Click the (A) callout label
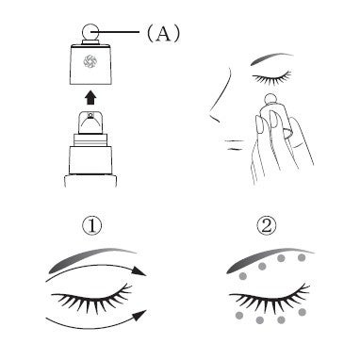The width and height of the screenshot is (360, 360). [163, 33]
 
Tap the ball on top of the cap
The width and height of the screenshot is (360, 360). [90, 32]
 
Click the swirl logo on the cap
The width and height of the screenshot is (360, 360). [90, 61]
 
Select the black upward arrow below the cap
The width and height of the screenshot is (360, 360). [90, 98]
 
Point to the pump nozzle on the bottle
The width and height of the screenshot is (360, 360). [90, 122]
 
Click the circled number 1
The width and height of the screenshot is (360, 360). [92, 226]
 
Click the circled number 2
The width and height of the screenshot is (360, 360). [267, 226]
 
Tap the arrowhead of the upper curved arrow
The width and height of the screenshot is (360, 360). [139, 270]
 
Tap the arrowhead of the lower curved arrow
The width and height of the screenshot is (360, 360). [139, 316]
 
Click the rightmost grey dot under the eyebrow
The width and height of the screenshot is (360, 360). [302, 258]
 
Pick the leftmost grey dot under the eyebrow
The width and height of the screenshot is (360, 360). [243, 276]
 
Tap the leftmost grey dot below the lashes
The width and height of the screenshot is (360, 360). [239, 315]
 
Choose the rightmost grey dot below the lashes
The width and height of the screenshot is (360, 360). [303, 312]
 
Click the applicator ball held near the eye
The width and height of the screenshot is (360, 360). [270, 99]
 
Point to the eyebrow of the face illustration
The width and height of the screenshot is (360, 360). [270, 58]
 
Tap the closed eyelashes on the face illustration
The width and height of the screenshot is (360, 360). [272, 78]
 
